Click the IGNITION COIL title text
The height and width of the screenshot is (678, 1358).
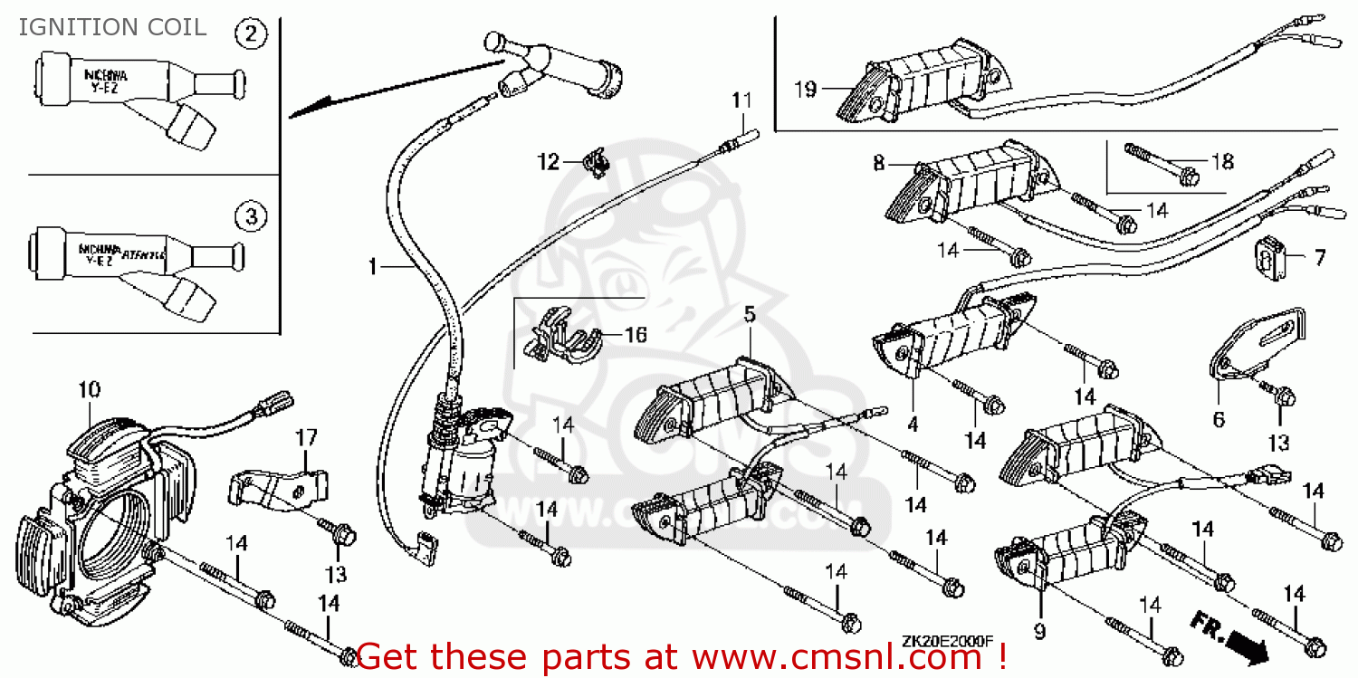[113, 27]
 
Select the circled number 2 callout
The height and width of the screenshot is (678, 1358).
[251, 34]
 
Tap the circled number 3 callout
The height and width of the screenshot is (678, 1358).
[251, 216]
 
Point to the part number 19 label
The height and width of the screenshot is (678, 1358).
[805, 89]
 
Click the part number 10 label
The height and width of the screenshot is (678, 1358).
[89, 390]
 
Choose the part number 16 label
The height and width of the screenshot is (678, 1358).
[635, 335]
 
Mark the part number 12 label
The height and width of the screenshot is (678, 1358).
[549, 162]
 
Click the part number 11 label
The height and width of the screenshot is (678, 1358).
[741, 100]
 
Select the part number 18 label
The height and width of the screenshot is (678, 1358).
[1222, 162]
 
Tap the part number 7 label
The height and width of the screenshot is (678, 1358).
[1319, 258]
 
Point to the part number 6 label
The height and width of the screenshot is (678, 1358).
[1219, 419]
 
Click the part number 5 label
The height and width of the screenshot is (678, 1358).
[750, 314]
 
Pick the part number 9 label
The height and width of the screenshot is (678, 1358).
[1039, 630]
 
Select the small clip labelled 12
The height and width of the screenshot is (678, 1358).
[594, 164]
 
